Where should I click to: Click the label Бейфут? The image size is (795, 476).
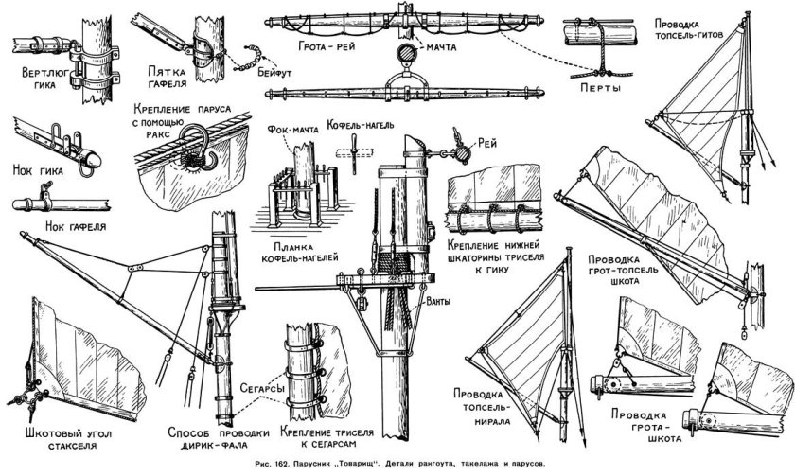click(274, 73)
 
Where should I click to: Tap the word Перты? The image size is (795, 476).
click(600, 88)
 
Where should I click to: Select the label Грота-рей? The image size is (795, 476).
click(326, 46)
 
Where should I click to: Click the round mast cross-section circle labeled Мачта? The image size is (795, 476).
click(406, 53)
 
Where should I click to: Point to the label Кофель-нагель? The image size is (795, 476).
click(360, 124)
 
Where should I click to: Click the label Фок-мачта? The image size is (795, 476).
click(292, 130)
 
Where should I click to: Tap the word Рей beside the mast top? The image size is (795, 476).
click(487, 144)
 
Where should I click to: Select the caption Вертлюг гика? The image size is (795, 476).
click(45, 78)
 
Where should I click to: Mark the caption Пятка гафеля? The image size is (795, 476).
click(168, 77)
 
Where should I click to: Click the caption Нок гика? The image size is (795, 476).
click(38, 171)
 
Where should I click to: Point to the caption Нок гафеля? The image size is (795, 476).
click(76, 226)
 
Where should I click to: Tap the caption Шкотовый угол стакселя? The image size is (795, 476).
click(67, 439)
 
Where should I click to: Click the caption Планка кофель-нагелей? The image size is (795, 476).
click(299, 253)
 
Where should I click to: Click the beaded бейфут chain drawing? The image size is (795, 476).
click(252, 59)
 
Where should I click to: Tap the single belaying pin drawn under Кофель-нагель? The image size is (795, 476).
click(355, 154)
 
